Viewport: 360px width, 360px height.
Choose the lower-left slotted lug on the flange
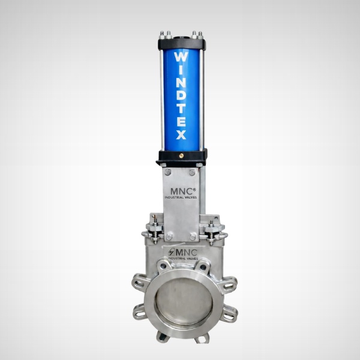tap(140, 311)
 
